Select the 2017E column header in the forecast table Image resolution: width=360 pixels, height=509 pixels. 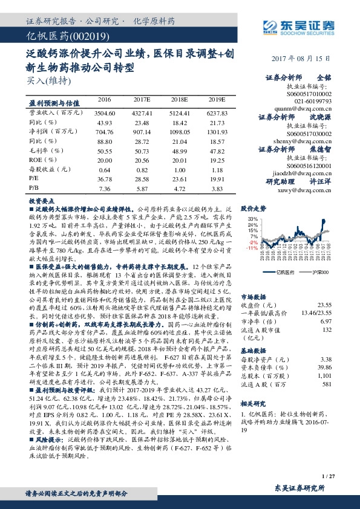(142, 98)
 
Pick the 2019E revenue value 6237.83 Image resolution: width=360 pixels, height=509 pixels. (217, 112)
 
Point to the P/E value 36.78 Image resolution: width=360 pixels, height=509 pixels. (105, 179)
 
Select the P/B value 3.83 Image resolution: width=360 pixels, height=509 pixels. (217, 189)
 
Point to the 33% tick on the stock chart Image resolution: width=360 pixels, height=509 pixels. (252, 218)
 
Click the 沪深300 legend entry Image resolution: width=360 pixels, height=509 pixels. (319, 273)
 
